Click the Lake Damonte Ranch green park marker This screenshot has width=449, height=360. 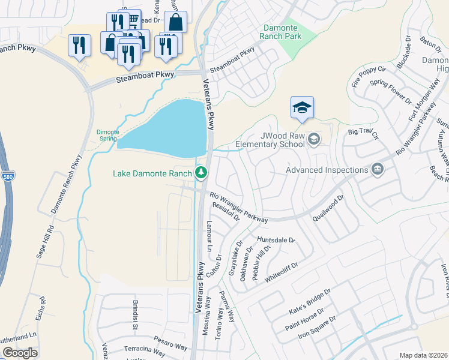tap(201, 173)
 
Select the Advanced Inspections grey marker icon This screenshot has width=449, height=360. tap(377, 170)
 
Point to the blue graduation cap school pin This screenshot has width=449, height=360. tap(303, 107)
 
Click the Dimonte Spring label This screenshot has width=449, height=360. tap(108, 136)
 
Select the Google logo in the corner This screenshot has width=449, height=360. tap(20, 353)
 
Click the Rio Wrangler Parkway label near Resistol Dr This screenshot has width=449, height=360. tap(238, 208)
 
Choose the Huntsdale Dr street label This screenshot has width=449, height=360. tap(276, 240)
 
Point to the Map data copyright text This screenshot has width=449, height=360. tap(423, 355)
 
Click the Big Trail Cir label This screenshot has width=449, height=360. tap(364, 133)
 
